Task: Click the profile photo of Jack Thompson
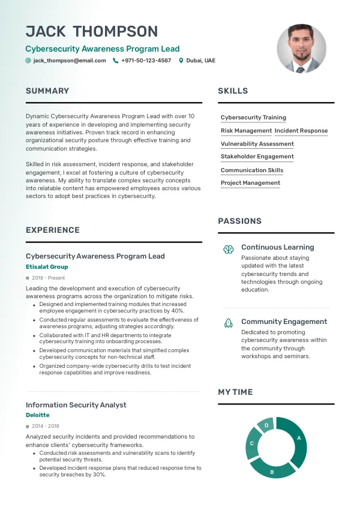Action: [x=301, y=49]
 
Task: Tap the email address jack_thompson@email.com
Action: [x=70, y=61]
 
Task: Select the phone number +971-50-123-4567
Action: [x=146, y=61]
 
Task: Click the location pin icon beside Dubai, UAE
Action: [x=181, y=61]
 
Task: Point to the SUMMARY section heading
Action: [x=47, y=91]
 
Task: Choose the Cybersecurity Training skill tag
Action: [x=253, y=118]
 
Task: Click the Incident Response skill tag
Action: [x=301, y=131]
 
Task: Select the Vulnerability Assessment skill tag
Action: [x=257, y=144]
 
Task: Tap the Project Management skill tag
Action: [x=250, y=183]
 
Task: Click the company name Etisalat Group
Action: [x=47, y=267]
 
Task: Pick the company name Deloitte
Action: [x=38, y=415]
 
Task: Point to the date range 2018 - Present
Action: [x=48, y=278]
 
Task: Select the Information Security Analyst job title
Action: [x=76, y=405]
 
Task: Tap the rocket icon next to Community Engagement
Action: [x=228, y=323]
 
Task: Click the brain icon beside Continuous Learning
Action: [x=228, y=248]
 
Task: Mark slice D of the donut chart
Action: [x=266, y=425]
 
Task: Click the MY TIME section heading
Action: [x=235, y=392]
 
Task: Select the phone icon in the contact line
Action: [x=115, y=61]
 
